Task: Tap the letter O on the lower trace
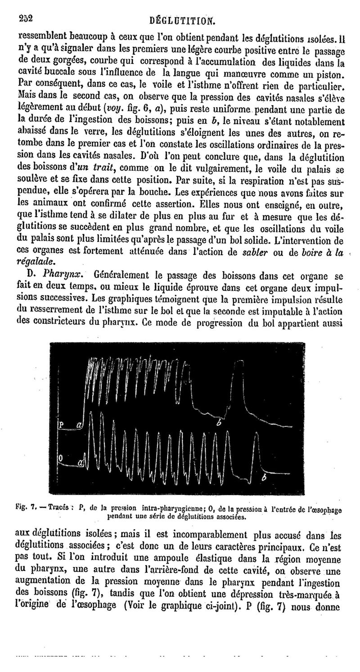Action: (62, 457)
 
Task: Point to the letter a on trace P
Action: (80, 425)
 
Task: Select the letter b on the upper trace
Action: (219, 423)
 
